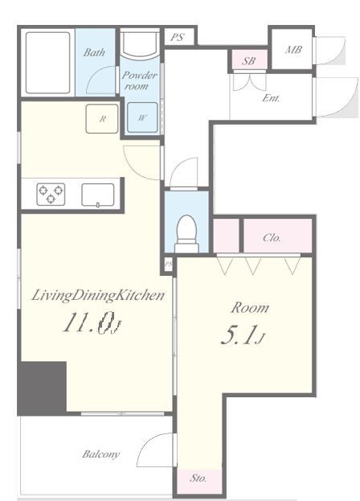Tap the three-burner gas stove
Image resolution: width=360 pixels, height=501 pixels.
51,194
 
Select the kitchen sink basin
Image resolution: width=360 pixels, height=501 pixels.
98,195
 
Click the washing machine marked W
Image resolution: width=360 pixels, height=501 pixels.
142,117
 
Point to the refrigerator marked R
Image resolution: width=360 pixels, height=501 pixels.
102,119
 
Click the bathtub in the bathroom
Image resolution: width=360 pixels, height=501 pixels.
48,63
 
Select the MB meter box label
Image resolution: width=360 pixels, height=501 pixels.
293,50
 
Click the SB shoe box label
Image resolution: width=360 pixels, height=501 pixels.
248,60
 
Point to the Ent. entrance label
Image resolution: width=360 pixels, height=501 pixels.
271,98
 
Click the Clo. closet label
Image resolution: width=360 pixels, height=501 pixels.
272,238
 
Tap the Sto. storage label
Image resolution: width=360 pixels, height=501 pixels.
198,478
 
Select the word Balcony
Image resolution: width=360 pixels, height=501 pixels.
101,454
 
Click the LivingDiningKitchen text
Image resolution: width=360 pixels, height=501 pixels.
98,296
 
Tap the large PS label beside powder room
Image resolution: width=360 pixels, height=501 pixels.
177,37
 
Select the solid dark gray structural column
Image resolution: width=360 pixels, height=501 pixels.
42,388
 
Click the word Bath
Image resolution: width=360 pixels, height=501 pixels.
94,52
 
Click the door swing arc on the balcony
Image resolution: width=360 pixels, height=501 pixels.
150,445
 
